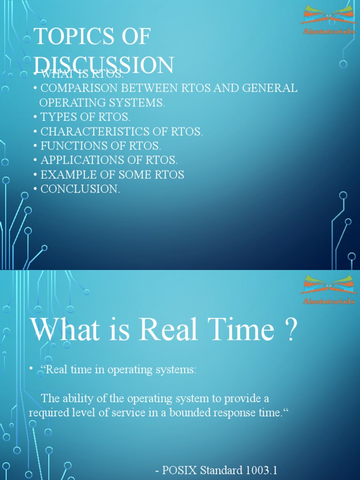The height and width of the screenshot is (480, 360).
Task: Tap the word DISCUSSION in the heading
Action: pos(105,65)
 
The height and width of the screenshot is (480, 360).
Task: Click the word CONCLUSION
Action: pos(79,189)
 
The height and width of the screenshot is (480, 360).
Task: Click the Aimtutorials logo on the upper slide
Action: pos(328,20)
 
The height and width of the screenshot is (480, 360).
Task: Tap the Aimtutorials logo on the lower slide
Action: pos(328,290)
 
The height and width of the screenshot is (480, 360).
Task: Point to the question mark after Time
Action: pos(291,330)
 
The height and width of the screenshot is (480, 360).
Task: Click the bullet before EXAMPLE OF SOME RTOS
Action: pos(35,175)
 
